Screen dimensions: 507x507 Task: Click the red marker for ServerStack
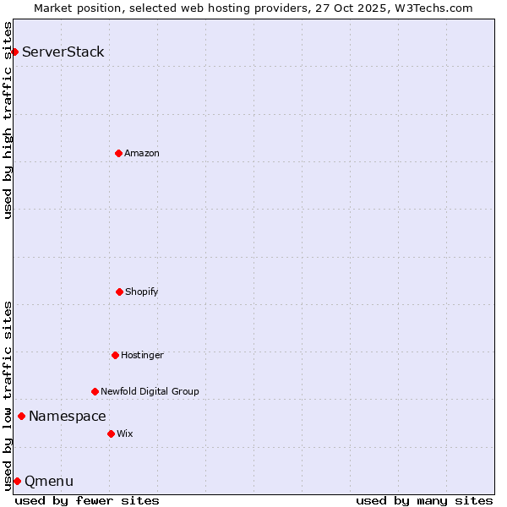coord(14,52)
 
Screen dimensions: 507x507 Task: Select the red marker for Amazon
coord(118,153)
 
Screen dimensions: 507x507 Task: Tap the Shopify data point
coord(119,292)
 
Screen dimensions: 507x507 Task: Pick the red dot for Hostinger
coord(115,355)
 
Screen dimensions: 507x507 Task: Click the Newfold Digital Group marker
coord(95,391)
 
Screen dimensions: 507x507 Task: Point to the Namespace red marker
coord(21,416)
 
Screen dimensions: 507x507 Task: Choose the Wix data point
coord(111,433)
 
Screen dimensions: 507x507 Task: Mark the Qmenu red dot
coord(17,481)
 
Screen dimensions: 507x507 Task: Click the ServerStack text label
coord(63,52)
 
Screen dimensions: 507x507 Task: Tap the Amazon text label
coord(142,154)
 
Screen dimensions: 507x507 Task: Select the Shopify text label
coord(142,292)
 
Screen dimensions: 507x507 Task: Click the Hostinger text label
coord(142,356)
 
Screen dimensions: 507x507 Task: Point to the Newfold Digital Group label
coord(150,392)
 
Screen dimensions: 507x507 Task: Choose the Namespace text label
coord(68,416)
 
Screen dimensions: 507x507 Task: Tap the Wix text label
coord(125,434)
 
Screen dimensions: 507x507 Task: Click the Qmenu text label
coord(49,482)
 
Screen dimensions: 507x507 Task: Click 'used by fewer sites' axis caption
coord(87,500)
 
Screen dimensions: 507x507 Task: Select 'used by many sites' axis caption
coord(424,500)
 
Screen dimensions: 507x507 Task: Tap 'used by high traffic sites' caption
coord(8,120)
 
